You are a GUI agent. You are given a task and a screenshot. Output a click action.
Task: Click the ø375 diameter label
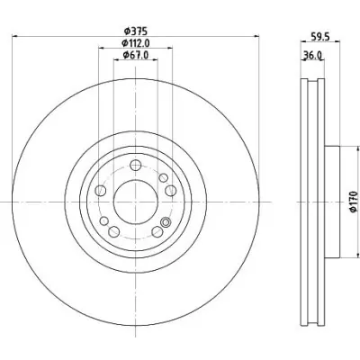[135, 31]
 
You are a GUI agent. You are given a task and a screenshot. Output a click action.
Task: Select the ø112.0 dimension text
[136, 43]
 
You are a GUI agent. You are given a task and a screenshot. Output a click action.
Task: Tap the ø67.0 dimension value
[136, 55]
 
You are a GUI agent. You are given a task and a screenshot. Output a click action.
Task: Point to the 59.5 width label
[320, 37]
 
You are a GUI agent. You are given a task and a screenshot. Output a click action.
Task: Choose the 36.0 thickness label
[312, 55]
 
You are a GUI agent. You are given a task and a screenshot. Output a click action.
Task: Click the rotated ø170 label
[354, 202]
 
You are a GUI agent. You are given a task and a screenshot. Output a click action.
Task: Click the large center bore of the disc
[136, 202]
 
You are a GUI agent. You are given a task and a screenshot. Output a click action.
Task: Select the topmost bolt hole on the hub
[136, 165]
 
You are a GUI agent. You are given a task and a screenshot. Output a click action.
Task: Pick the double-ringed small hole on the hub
[166, 222]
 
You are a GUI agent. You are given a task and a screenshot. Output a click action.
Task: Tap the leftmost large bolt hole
[101, 191]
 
